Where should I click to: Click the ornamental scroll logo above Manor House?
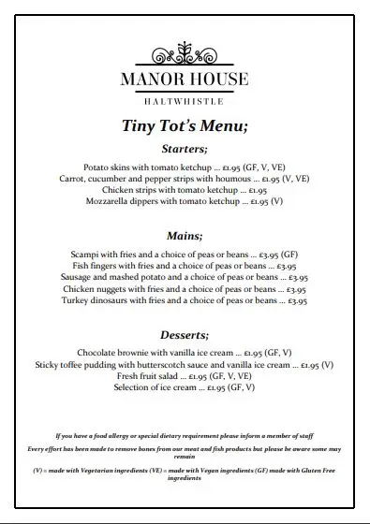(184, 51)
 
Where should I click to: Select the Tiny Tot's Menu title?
(185, 126)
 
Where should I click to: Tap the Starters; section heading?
(185, 150)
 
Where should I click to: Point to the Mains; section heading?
(185, 236)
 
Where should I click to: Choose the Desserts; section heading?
(185, 334)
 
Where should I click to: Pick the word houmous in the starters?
(236, 178)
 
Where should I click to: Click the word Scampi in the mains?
(85, 255)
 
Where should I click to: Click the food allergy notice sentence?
(184, 435)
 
